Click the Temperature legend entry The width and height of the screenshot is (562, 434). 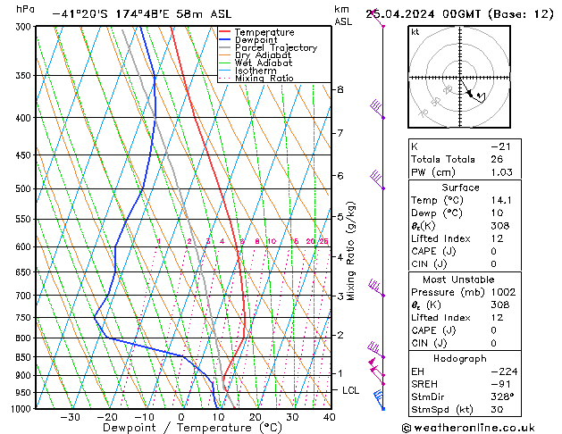(x=264, y=32)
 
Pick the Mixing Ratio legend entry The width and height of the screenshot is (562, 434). (x=264, y=79)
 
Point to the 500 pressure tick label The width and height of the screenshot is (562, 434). (x=24, y=189)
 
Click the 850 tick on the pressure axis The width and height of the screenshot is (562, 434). (x=24, y=357)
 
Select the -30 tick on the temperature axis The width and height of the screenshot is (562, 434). (x=70, y=417)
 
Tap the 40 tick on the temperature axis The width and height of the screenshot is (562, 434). (x=329, y=417)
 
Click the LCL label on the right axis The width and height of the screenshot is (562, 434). (x=351, y=390)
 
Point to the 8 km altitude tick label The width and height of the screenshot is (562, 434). (x=340, y=89)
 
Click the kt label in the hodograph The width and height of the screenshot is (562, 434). (x=415, y=31)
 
